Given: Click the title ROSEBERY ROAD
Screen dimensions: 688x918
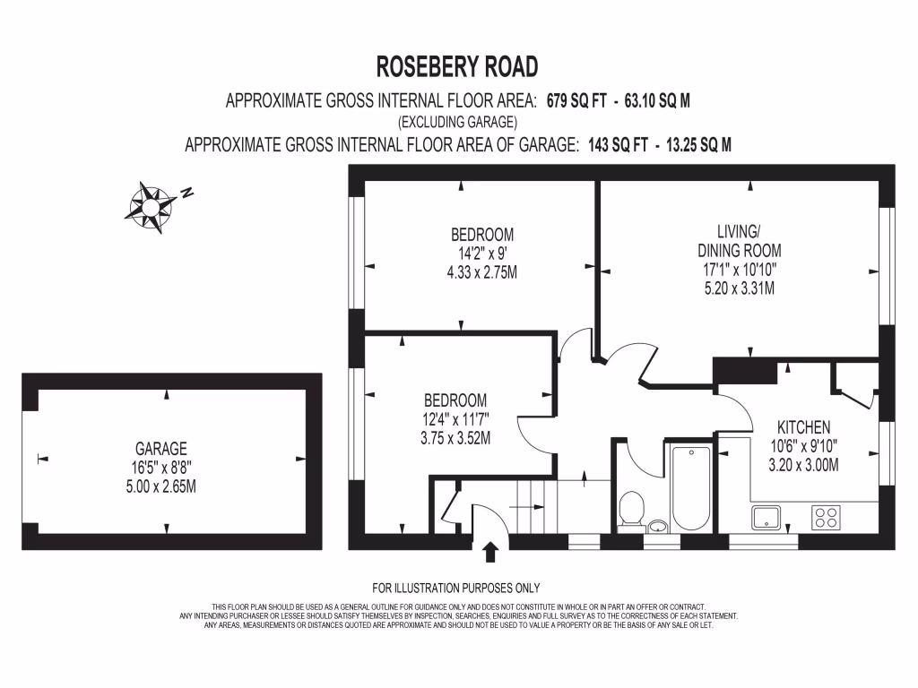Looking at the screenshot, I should click(457, 67).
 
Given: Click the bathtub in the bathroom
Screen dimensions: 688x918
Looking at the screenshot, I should click(690, 487).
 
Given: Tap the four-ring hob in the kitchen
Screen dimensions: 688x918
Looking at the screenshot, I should click(825, 518).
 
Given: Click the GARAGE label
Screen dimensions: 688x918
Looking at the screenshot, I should click(161, 449).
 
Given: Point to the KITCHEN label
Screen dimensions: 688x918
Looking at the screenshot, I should click(803, 427).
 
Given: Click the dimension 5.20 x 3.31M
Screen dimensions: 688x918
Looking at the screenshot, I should click(739, 288).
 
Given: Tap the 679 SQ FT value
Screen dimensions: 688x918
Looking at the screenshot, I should click(584, 101).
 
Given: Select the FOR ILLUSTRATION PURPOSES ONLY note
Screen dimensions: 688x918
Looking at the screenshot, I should click(456, 589).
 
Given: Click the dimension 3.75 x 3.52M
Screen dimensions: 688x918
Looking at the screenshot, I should click(455, 438).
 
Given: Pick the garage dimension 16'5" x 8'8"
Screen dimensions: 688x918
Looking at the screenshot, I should click(161, 468).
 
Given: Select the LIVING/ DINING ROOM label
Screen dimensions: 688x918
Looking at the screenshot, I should click(739, 242).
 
